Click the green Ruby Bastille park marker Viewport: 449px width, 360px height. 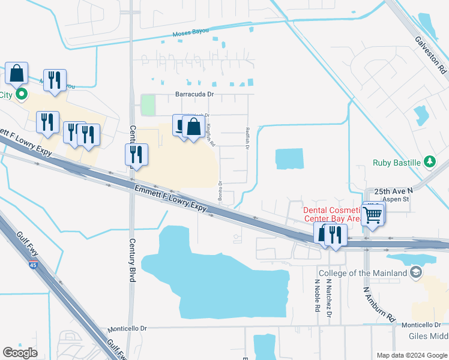point(429,161)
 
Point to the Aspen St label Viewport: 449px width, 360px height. point(396,199)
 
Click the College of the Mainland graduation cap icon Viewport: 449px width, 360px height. point(415,273)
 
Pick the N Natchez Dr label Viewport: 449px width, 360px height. point(329,298)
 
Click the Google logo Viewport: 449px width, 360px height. point(20,353)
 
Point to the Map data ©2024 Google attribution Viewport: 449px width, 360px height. point(411,355)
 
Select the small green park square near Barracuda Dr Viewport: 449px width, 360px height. point(148,106)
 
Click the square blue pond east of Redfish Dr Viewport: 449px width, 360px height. point(289,159)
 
